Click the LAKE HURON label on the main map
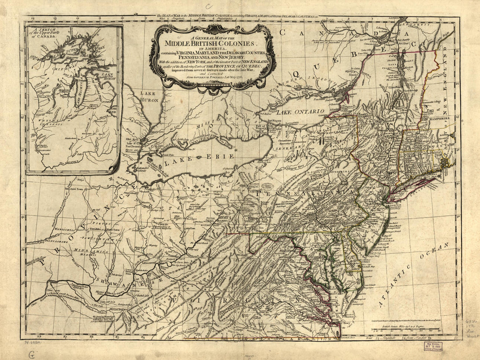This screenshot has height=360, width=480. point(149,96)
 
